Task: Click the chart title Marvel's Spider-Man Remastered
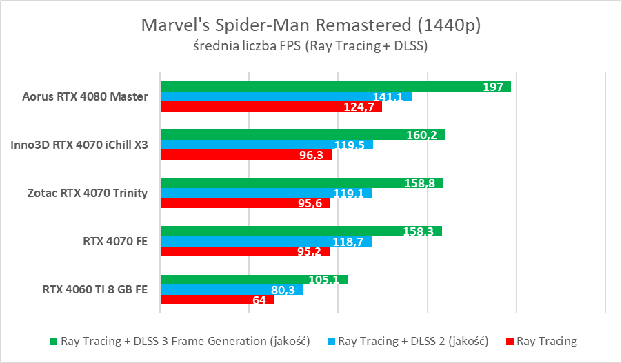(310, 25)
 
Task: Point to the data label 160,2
(422, 135)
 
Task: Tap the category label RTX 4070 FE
(116, 241)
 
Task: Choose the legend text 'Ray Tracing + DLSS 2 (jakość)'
(413, 341)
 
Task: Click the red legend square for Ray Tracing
(510, 341)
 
